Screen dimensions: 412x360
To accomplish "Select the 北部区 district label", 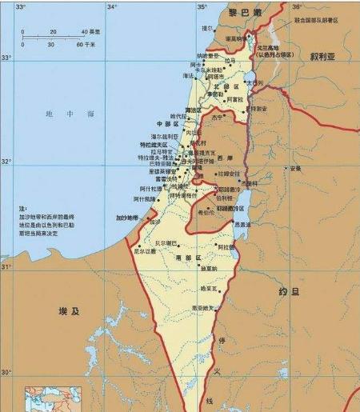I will [x=210, y=86].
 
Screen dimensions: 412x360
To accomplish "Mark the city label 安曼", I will [x=296, y=168].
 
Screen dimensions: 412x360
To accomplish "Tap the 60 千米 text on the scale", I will [x=85, y=44].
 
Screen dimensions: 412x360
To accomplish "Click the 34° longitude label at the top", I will [x=112, y=6].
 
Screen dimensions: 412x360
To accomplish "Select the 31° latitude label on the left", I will [x=7, y=266].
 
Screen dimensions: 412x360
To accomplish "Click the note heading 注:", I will [x=24, y=208].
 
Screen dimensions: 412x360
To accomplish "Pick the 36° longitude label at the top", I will [x=295, y=6].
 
